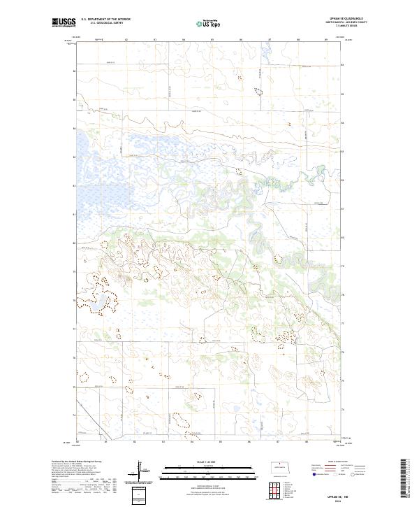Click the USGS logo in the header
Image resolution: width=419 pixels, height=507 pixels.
(64, 23)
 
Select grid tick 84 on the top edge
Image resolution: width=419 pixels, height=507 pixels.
(184, 40)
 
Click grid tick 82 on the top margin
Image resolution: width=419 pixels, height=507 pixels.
(126, 40)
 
